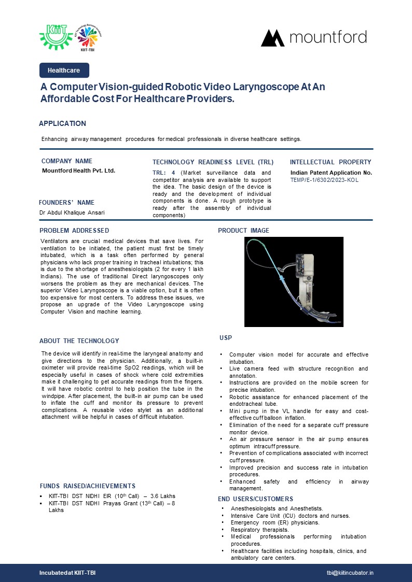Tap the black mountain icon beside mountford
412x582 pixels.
[272, 38]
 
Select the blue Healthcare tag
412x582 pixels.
[64, 70]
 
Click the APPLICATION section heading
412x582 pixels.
[62, 123]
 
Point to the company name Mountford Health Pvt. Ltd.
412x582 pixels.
[78, 171]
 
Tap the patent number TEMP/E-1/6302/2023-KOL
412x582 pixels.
[324, 180]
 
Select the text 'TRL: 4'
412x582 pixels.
[163, 173]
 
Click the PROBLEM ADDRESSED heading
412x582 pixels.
[74, 231]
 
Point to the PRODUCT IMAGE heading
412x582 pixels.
[243, 231]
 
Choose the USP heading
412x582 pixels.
[226, 338]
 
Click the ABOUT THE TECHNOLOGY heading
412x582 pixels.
[79, 341]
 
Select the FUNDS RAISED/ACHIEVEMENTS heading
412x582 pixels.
[88, 486]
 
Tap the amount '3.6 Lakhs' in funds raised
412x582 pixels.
[162, 496]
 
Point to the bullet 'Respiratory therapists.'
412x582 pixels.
[260, 530]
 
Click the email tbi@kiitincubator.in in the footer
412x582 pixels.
[350, 573]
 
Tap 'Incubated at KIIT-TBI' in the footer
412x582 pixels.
[67, 573]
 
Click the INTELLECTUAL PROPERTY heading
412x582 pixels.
[331, 162]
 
